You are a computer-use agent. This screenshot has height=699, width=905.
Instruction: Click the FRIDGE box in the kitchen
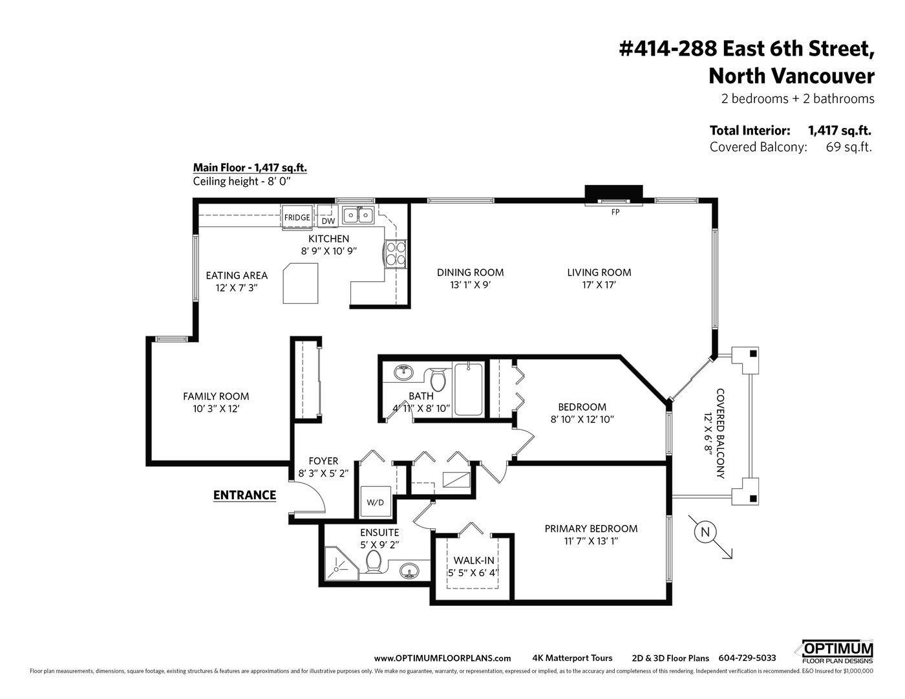click(x=297, y=217)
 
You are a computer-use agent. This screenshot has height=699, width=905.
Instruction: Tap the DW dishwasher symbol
click(x=328, y=220)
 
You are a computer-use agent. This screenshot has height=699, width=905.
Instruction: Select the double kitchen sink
click(x=357, y=215)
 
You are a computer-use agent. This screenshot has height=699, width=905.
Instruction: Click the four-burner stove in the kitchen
click(x=396, y=253)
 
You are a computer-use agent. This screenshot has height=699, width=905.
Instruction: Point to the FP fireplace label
click(x=615, y=211)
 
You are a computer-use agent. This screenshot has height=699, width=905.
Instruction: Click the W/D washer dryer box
click(x=375, y=502)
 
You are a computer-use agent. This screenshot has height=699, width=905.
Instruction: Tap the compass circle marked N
click(x=705, y=532)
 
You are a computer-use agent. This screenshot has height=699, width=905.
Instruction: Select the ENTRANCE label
click(x=244, y=495)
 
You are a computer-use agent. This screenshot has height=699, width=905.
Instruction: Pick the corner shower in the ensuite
click(x=339, y=565)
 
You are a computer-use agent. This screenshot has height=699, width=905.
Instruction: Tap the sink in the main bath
click(x=404, y=372)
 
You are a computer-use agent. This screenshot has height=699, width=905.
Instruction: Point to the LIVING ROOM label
click(x=599, y=272)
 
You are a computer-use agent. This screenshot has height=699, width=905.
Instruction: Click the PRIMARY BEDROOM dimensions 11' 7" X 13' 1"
click(x=591, y=541)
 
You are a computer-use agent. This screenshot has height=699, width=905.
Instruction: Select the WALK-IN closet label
click(x=474, y=560)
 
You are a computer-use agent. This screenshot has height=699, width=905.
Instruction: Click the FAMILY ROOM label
click(x=216, y=396)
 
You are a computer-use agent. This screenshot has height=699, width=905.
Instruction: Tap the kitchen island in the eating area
click(x=301, y=283)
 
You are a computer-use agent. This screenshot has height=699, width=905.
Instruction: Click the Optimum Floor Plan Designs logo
click(x=837, y=652)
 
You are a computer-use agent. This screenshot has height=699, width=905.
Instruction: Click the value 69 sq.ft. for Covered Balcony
click(x=849, y=147)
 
